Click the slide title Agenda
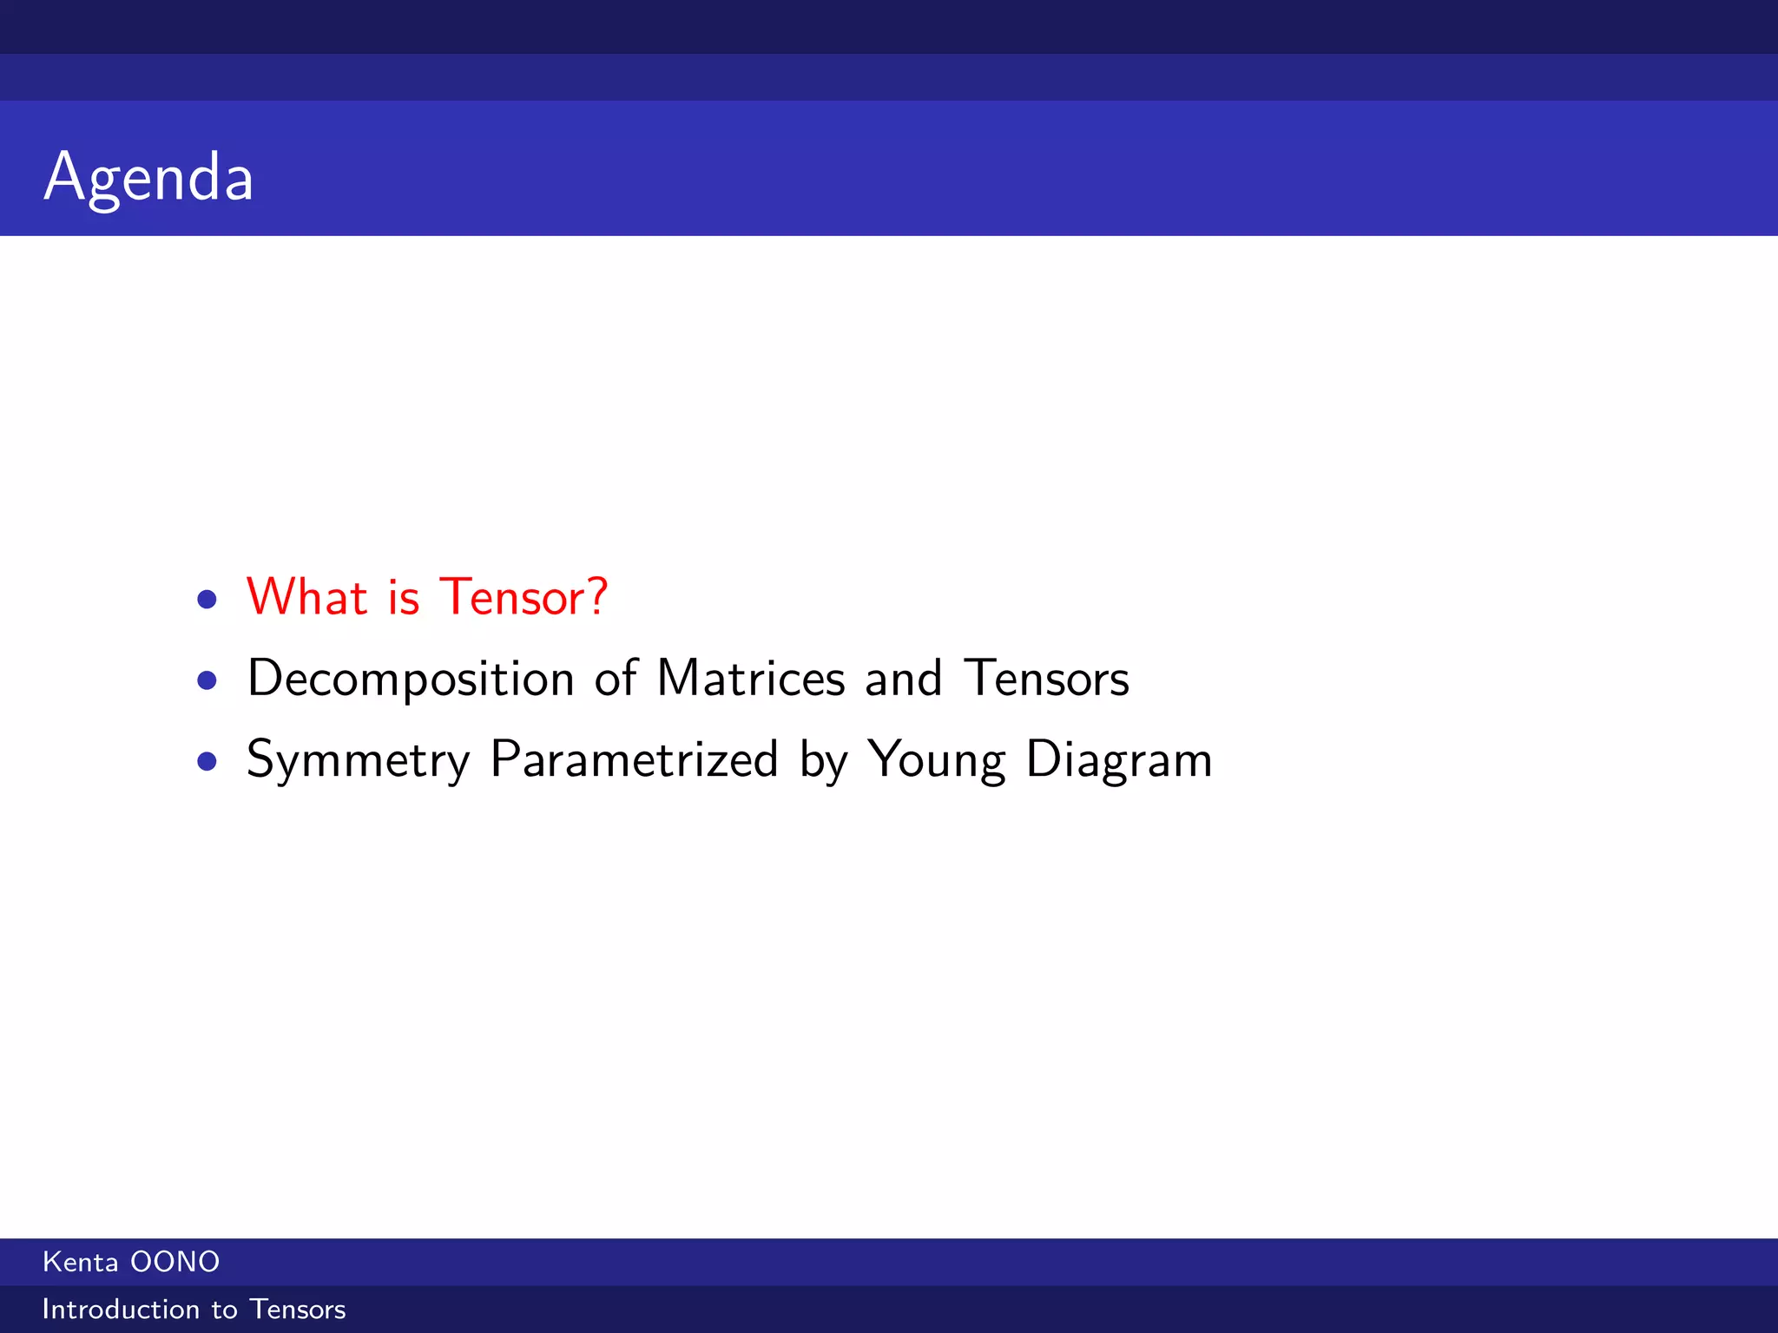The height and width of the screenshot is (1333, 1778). (x=148, y=177)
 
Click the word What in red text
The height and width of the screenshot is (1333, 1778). (x=307, y=597)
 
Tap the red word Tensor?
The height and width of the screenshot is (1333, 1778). (x=524, y=597)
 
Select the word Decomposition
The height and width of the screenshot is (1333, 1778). (x=411, y=679)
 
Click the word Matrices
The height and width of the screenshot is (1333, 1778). (x=751, y=678)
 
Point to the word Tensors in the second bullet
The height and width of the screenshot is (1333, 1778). (x=1047, y=678)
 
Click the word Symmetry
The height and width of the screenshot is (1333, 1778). (x=358, y=760)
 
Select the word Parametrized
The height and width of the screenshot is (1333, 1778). (x=634, y=759)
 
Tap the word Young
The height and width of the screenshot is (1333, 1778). (x=936, y=760)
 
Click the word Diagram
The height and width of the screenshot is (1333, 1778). (x=1118, y=760)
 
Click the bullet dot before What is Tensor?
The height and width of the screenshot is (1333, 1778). (x=207, y=599)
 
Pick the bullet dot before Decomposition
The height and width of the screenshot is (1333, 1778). (x=207, y=680)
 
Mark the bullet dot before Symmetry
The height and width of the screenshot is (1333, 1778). (x=207, y=761)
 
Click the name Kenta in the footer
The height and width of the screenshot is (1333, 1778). (x=80, y=1262)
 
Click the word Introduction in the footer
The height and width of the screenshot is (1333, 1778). (x=121, y=1310)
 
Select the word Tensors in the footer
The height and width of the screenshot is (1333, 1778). (x=298, y=1310)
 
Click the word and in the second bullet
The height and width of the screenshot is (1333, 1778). (x=903, y=678)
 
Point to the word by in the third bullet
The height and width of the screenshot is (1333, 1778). (x=823, y=760)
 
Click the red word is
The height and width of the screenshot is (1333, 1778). (x=404, y=597)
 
